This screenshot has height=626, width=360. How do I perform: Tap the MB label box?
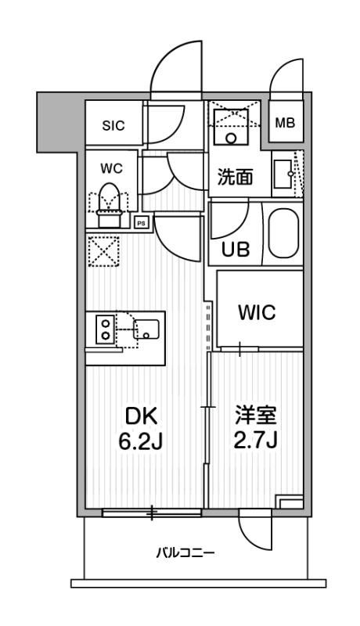click(x=284, y=124)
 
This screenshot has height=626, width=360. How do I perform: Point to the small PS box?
click(x=142, y=221)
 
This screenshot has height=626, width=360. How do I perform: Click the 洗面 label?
click(x=236, y=177)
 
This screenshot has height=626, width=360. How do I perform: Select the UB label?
click(x=235, y=249)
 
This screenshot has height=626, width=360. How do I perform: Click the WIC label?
click(x=256, y=313)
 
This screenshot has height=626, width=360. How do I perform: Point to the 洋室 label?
click(x=256, y=415)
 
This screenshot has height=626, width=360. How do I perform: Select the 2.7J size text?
click(x=256, y=442)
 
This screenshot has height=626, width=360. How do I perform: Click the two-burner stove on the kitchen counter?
click(x=103, y=329)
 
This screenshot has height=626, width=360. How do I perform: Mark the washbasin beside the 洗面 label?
click(x=283, y=174)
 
